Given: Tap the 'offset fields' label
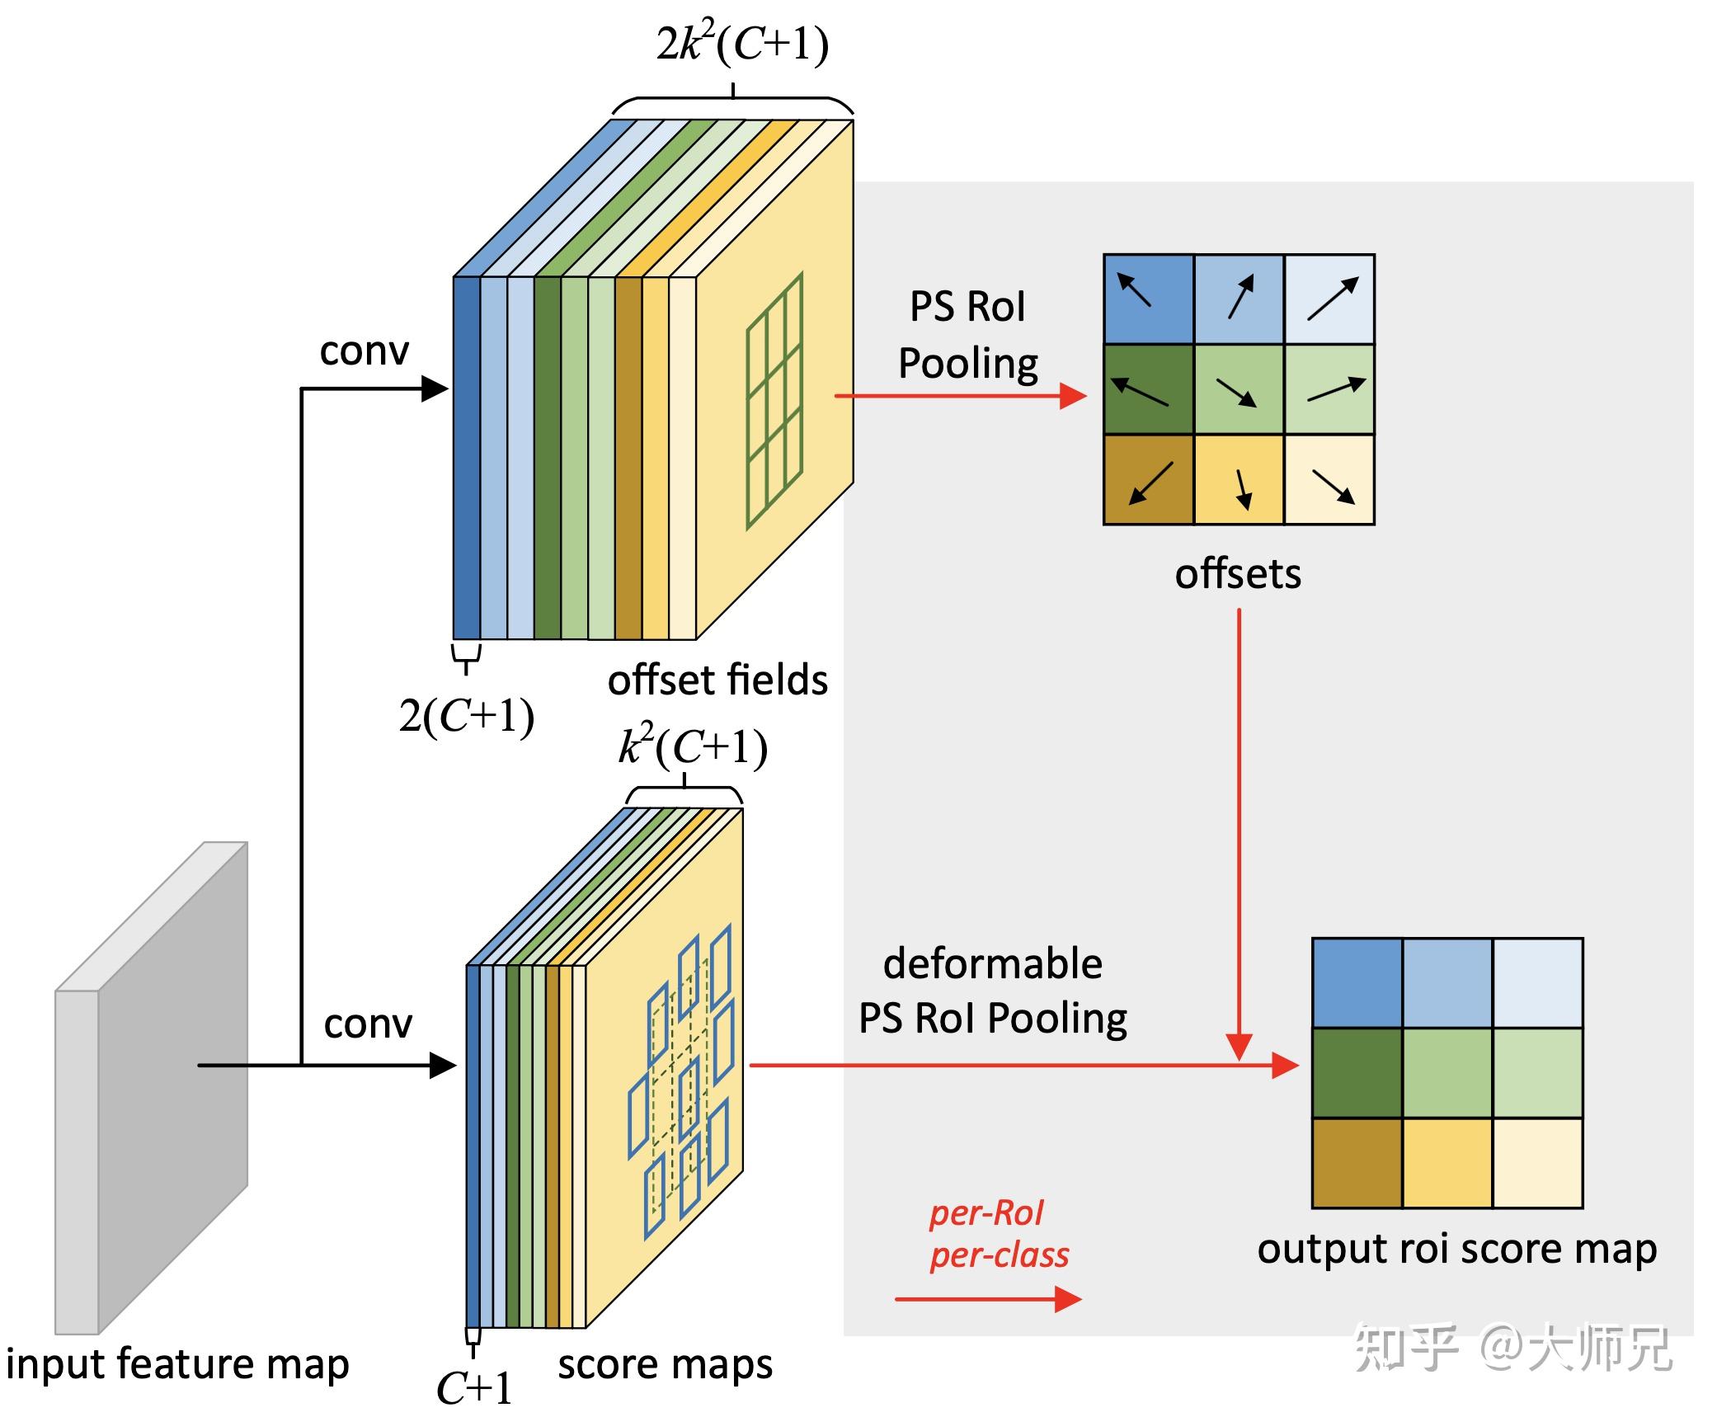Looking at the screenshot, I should pos(717,681).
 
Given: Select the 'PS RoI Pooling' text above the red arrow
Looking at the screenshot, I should pos(967,335).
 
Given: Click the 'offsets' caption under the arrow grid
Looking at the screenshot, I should pos(1238,574).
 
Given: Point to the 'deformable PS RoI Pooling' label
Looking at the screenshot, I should pos(993,991).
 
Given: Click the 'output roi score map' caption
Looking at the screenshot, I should pos(1456,1249).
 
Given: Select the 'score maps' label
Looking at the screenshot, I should pos(665,1364).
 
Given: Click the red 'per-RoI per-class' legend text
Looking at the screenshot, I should pos(998,1234).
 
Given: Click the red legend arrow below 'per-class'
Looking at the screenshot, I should pos(988,1300).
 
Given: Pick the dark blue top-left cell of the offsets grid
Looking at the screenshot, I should pos(1149,299).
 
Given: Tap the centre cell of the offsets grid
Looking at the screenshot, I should pos(1239,389).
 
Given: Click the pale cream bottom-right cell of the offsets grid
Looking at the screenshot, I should pos(1329,479).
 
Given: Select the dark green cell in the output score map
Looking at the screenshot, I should pos(1357,1072).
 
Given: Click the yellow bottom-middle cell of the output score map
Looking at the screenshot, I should pos(1447,1163).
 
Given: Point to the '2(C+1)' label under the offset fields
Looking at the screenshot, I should pos(467,716).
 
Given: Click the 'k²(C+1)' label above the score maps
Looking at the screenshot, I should pos(693,747).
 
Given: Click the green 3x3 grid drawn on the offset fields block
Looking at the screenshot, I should pos(774,401).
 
